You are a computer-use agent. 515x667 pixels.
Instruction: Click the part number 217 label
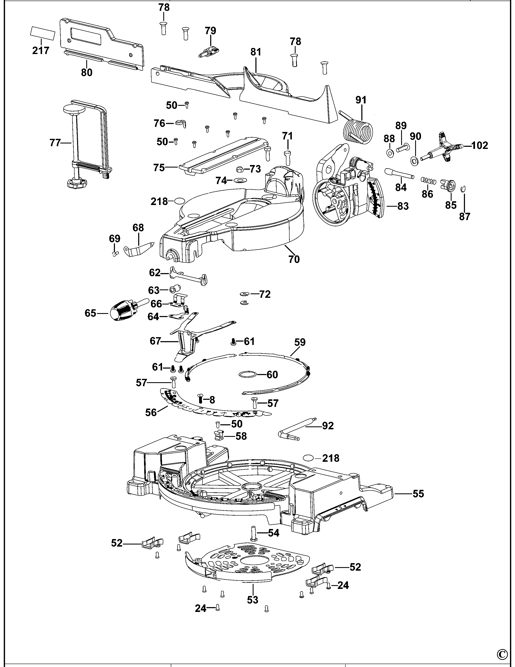click(41, 50)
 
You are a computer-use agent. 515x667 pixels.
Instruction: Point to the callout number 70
click(294, 259)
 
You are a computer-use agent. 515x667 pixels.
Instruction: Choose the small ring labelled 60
click(247, 374)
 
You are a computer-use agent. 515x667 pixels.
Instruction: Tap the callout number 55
click(418, 494)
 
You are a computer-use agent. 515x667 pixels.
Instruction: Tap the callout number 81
click(256, 52)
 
